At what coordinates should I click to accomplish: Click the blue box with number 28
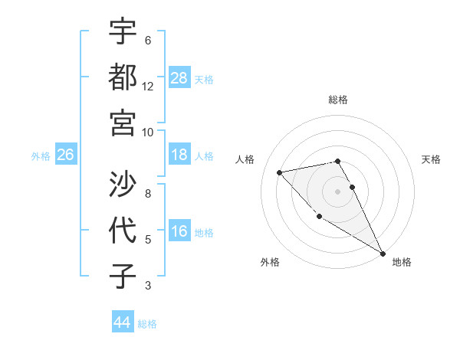179,77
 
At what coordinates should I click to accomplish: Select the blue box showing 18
179,155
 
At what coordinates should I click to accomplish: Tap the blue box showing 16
179,231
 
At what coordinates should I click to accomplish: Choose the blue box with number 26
66,155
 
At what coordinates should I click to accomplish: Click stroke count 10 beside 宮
148,131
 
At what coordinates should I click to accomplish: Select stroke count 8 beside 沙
148,194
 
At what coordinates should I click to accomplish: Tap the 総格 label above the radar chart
337,100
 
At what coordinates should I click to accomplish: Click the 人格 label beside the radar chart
245,159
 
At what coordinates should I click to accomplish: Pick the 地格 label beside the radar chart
402,262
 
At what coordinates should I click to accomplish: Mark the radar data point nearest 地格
383,254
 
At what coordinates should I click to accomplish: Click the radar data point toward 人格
280,172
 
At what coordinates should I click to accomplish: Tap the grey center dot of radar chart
337,191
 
